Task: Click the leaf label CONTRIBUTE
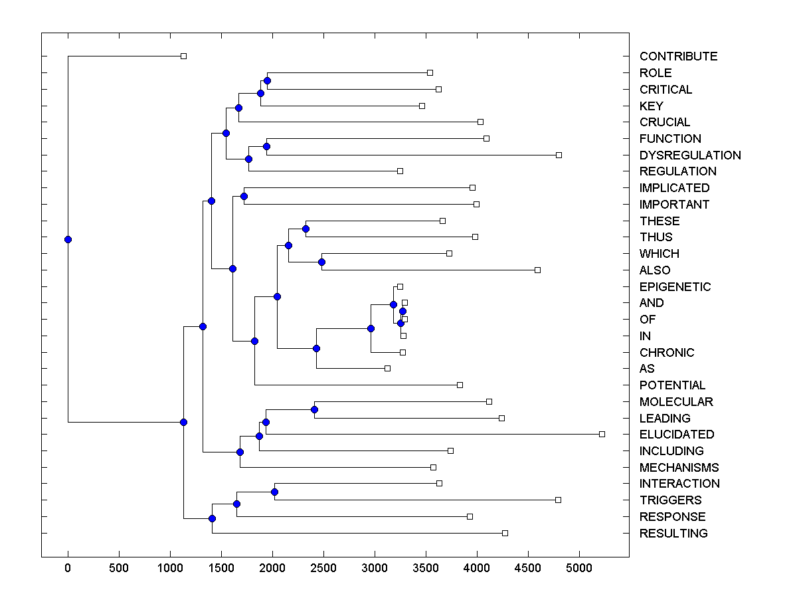[678, 56]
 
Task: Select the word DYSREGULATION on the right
[690, 155]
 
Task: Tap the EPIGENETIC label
[675, 287]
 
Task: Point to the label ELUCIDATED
[677, 435]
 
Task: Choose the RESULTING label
[673, 534]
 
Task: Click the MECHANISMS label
[679, 468]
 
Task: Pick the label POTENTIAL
[672, 385]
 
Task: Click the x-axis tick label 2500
[323, 568]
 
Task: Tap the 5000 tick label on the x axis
[579, 568]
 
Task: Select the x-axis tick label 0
[68, 568]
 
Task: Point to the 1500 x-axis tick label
[221, 568]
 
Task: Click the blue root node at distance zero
[68, 239]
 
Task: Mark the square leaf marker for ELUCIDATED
[602, 434]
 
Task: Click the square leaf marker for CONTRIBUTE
[184, 56]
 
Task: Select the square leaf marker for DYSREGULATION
[559, 155]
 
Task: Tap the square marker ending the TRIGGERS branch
[558, 500]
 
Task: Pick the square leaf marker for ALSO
[538, 270]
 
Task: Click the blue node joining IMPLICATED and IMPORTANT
[244, 196]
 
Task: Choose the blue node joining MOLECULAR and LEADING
[314, 409]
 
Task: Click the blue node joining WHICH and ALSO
[321, 262]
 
